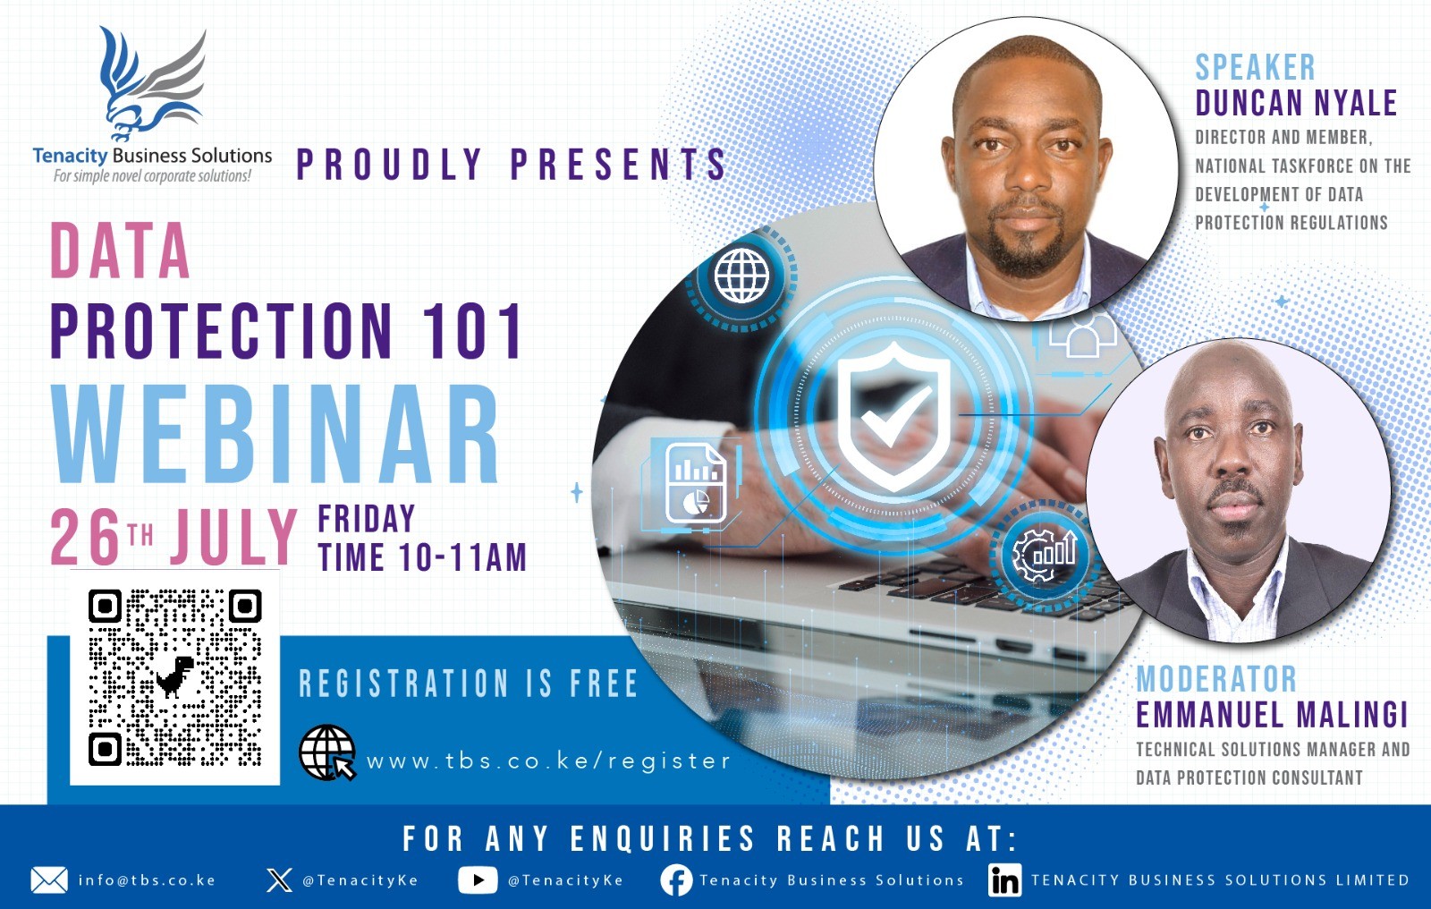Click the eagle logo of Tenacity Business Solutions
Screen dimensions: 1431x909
(153, 84)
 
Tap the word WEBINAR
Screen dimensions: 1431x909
(275, 434)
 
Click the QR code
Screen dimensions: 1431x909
(175, 677)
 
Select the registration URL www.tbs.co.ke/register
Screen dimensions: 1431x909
(548, 761)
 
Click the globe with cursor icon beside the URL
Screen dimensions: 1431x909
(327, 752)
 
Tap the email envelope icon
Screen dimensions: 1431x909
(49, 880)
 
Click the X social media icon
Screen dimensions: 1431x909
(279, 880)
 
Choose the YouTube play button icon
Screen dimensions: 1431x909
(478, 880)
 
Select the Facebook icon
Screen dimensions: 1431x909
(676, 880)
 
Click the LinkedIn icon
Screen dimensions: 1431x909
(1005, 880)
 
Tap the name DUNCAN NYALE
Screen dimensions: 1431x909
(1296, 103)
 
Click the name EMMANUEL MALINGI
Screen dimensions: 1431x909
(1272, 715)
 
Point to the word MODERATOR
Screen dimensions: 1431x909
(1216, 679)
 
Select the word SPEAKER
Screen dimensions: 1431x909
(1256, 67)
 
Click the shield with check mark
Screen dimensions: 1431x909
(893, 416)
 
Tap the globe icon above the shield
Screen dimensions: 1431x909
(741, 276)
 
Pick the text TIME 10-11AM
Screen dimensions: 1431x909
(422, 556)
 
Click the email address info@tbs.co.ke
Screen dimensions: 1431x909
(147, 880)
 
